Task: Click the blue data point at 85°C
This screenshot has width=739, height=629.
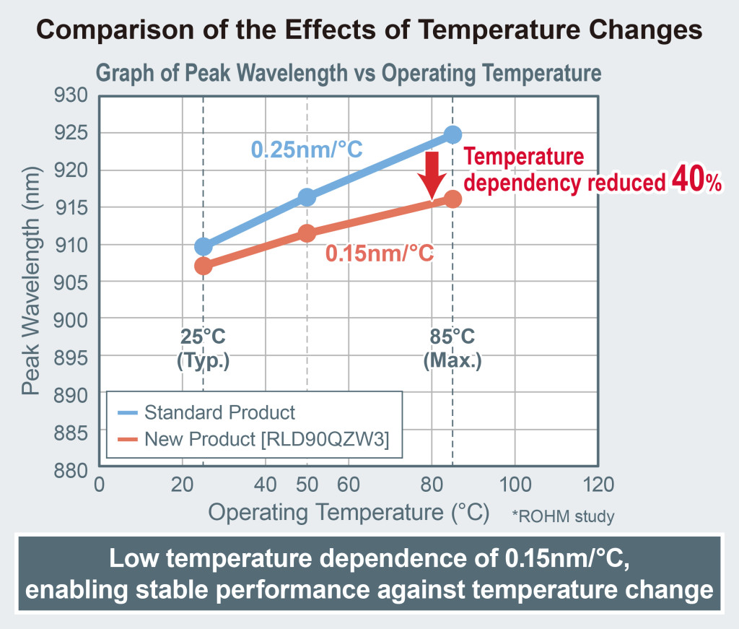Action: (x=452, y=134)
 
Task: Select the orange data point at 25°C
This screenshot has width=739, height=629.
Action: (x=204, y=266)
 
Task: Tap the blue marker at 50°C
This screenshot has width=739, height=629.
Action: (x=307, y=197)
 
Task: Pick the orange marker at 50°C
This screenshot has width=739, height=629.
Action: (x=307, y=233)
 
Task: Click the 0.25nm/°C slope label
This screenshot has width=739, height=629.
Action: (x=307, y=150)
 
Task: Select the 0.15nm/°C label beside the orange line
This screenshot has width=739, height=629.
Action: (x=380, y=253)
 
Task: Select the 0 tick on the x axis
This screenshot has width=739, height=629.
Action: (x=100, y=483)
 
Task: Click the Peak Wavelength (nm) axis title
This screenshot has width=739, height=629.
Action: (x=30, y=283)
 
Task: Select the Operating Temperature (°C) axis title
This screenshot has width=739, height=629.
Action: (x=349, y=513)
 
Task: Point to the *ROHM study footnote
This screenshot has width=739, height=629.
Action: (x=563, y=516)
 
